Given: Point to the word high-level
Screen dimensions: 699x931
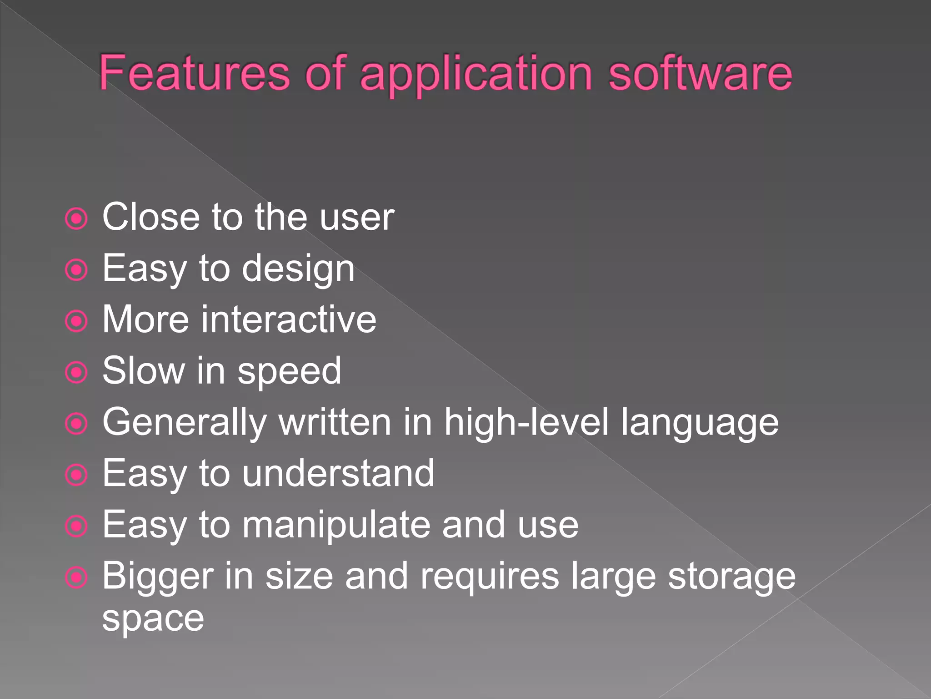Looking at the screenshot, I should (526, 422).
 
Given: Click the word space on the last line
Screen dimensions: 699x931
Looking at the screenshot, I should (153, 619).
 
